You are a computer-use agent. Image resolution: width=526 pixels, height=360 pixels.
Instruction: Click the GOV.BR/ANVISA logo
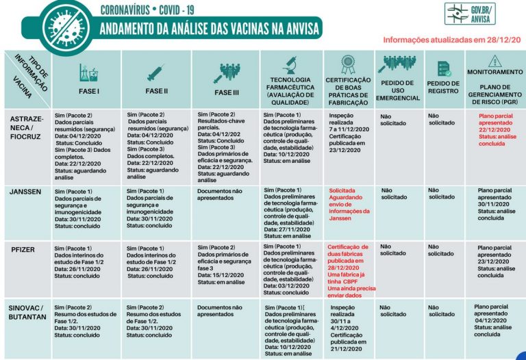469,14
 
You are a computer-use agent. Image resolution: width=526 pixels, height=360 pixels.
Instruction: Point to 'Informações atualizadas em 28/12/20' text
450,40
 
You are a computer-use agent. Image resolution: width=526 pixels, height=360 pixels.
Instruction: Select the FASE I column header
89,90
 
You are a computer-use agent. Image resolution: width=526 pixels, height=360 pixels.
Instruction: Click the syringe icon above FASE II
155,72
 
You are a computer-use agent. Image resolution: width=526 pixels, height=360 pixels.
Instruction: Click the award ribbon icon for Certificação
349,66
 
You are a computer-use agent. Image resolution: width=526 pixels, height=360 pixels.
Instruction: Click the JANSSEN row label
25,192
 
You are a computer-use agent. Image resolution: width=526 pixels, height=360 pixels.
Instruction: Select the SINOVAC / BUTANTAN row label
27,311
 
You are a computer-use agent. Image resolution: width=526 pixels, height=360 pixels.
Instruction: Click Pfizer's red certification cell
351,268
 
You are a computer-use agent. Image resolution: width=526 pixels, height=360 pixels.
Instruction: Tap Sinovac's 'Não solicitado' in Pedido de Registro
441,311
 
